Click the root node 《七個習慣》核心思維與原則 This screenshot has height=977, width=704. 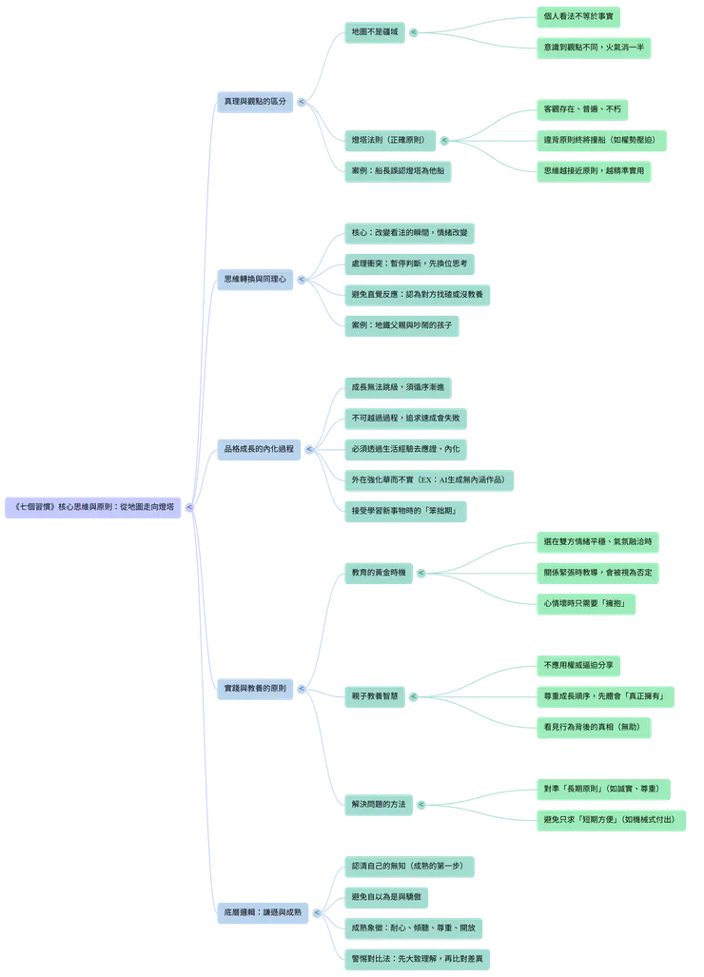[93, 507]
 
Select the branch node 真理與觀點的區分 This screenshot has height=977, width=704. [255, 102]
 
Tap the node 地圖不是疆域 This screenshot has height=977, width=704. [375, 32]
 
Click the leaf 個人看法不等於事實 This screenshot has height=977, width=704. [578, 17]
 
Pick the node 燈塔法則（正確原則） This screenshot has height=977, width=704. [390, 140]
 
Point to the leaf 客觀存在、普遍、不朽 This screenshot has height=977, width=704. [582, 109]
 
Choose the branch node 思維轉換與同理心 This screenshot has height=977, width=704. [255, 279]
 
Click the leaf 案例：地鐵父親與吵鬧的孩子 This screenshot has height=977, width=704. [401, 325]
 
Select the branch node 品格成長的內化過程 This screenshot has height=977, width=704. [259, 449]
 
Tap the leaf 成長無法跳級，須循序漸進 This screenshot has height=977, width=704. [398, 387]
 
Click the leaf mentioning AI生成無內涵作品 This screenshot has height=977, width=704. [429, 480]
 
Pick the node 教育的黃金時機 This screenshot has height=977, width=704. [379, 573]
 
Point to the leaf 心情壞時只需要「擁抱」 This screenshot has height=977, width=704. [586, 604]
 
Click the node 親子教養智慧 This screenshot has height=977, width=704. [375, 696]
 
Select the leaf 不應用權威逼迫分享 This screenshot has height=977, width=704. [578, 666]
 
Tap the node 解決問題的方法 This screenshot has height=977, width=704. [379, 805]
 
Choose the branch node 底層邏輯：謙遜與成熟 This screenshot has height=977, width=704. [263, 913]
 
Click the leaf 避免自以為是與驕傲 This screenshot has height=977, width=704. [386, 897]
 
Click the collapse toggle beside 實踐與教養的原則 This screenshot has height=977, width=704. [302, 689]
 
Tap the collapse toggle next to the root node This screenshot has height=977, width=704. [189, 508]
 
